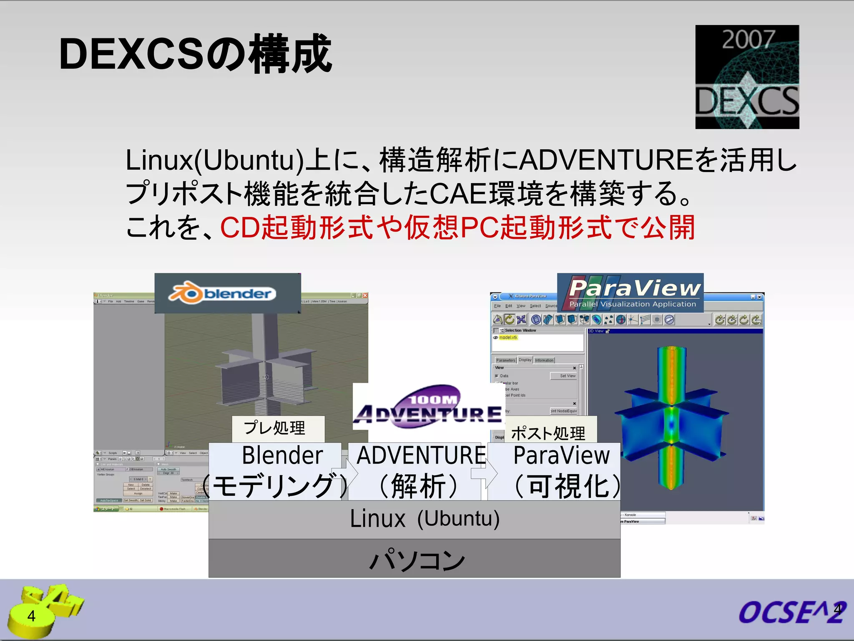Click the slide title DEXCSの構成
pos(195,54)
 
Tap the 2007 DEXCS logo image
pos(747,77)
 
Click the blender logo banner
pos(228,293)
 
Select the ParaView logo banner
pos(630,293)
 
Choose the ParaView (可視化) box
pos(559,472)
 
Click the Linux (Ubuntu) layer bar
pos(414,520)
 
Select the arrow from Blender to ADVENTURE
pos(346,474)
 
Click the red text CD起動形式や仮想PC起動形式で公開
pos(457,228)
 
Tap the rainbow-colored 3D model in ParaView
pos(671,417)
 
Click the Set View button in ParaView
pos(568,376)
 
